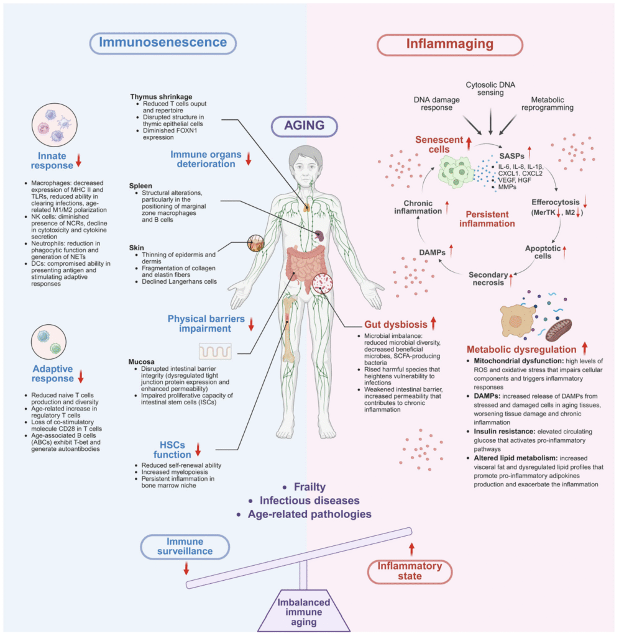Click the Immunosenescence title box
[164, 43]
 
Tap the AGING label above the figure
[305, 125]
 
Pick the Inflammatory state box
[410, 571]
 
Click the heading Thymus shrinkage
[162, 97]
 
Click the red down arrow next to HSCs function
[198, 449]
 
